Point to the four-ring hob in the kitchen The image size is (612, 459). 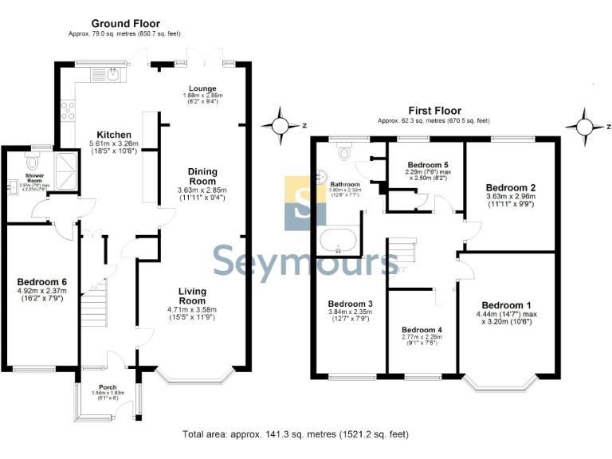67,110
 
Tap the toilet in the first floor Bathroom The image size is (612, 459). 344,151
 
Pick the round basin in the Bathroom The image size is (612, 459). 323,177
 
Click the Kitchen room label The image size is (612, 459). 113,134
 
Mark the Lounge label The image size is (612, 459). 202,88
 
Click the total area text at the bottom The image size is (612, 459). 296,434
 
